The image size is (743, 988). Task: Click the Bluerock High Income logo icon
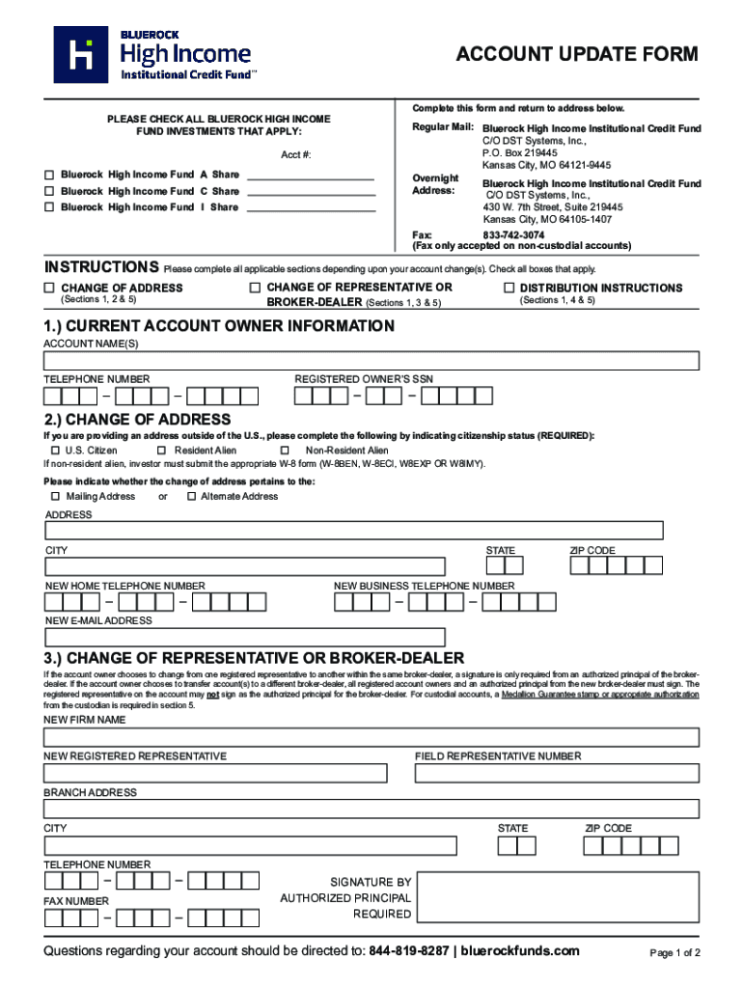tap(81, 54)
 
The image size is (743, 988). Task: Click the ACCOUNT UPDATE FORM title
tap(576, 55)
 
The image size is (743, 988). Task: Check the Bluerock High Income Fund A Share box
tap(49, 175)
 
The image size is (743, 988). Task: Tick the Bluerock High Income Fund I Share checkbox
tap(49, 207)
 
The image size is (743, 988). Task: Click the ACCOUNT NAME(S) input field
tap(371, 361)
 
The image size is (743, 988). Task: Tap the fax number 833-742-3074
tap(513, 234)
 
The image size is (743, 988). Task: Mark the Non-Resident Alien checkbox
tap(285, 451)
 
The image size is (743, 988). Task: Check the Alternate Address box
tap(190, 496)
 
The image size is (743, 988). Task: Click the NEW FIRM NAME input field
tap(371, 738)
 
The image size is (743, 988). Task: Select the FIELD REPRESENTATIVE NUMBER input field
tap(557, 774)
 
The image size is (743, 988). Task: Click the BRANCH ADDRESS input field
tap(371, 810)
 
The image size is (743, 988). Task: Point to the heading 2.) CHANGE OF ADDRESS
tap(137, 420)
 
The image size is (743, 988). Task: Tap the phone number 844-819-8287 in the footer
tap(409, 951)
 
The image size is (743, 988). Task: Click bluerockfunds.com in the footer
tap(520, 951)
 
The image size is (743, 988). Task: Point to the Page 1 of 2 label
tap(674, 953)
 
